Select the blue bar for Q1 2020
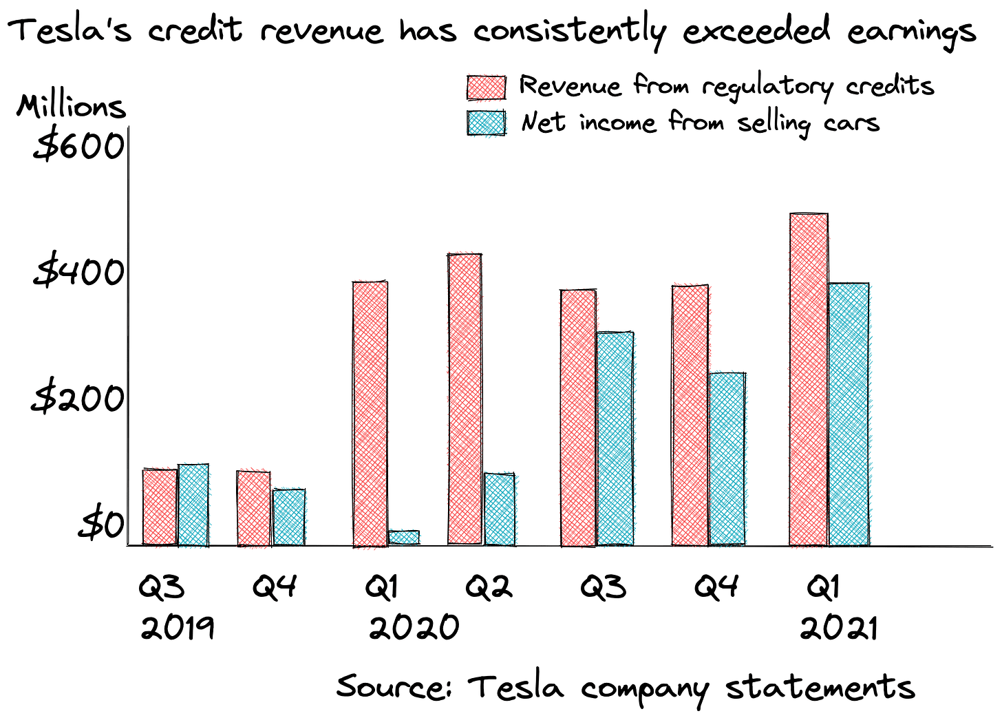(403, 538)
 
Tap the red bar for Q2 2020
(465, 399)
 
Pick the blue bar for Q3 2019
(193, 505)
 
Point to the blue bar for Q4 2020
(727, 458)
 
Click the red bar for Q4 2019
(253, 509)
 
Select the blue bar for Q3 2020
(615, 439)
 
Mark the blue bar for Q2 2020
(499, 509)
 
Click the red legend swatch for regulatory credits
(487, 87)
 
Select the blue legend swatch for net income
(487, 123)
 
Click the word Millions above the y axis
(72, 107)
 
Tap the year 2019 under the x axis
(178, 629)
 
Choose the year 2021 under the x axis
(839, 629)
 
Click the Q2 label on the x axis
(489, 587)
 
